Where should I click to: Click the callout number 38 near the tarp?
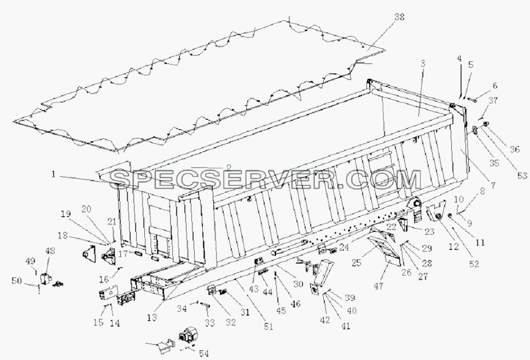[x=399, y=17]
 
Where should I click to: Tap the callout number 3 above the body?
[x=423, y=63]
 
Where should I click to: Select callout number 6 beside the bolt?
[x=495, y=85]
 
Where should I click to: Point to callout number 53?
[x=522, y=176]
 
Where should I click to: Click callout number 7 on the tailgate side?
[x=493, y=185]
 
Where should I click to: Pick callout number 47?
[x=378, y=286]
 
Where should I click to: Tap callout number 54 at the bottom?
[x=204, y=353]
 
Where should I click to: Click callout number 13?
[x=152, y=317]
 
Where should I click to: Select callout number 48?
[x=50, y=251]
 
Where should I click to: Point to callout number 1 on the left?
[x=53, y=175]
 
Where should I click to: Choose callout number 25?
[x=357, y=263]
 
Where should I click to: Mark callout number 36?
[x=515, y=149]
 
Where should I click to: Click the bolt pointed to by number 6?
[x=472, y=100]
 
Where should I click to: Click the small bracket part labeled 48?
[x=45, y=279]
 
